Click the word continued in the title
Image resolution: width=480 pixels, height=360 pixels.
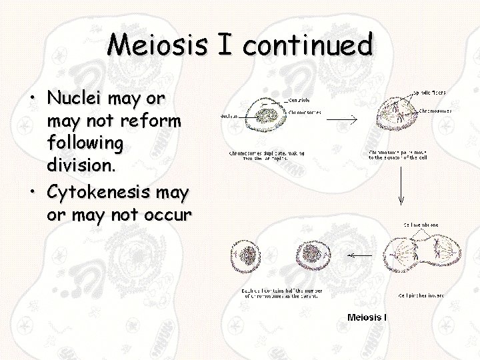pos(307,45)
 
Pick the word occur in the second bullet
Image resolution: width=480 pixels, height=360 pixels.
pos(169,215)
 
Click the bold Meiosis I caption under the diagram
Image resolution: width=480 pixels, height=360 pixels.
pos(367,317)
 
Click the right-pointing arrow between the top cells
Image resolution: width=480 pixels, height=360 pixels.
pos(343,119)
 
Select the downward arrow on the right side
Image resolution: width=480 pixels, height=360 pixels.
pos(400,183)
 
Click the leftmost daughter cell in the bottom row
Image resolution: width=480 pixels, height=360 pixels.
pos(249,257)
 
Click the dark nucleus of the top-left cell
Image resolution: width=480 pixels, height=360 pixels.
pos(264,115)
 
